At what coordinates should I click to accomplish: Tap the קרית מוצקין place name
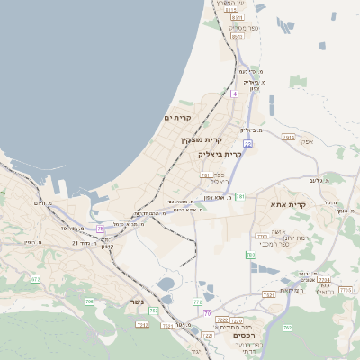pyautogui.click(x=201, y=140)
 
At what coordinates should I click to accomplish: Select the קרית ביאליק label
pyautogui.click(x=220, y=154)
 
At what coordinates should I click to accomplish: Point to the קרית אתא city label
pyautogui.click(x=289, y=205)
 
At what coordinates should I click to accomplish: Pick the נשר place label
pyautogui.click(x=137, y=301)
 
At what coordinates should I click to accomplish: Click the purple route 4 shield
pyautogui.click(x=233, y=94)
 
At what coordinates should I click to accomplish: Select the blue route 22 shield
pyautogui.click(x=247, y=143)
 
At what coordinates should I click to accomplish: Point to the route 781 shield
pyautogui.click(x=240, y=195)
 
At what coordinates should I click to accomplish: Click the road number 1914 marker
pyautogui.click(x=288, y=137)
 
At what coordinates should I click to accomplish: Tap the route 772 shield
pyautogui.click(x=197, y=301)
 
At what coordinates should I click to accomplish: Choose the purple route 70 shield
pyautogui.click(x=206, y=313)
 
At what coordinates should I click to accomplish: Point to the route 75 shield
pyautogui.click(x=100, y=229)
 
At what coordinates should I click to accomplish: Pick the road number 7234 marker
pyautogui.click(x=323, y=280)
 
